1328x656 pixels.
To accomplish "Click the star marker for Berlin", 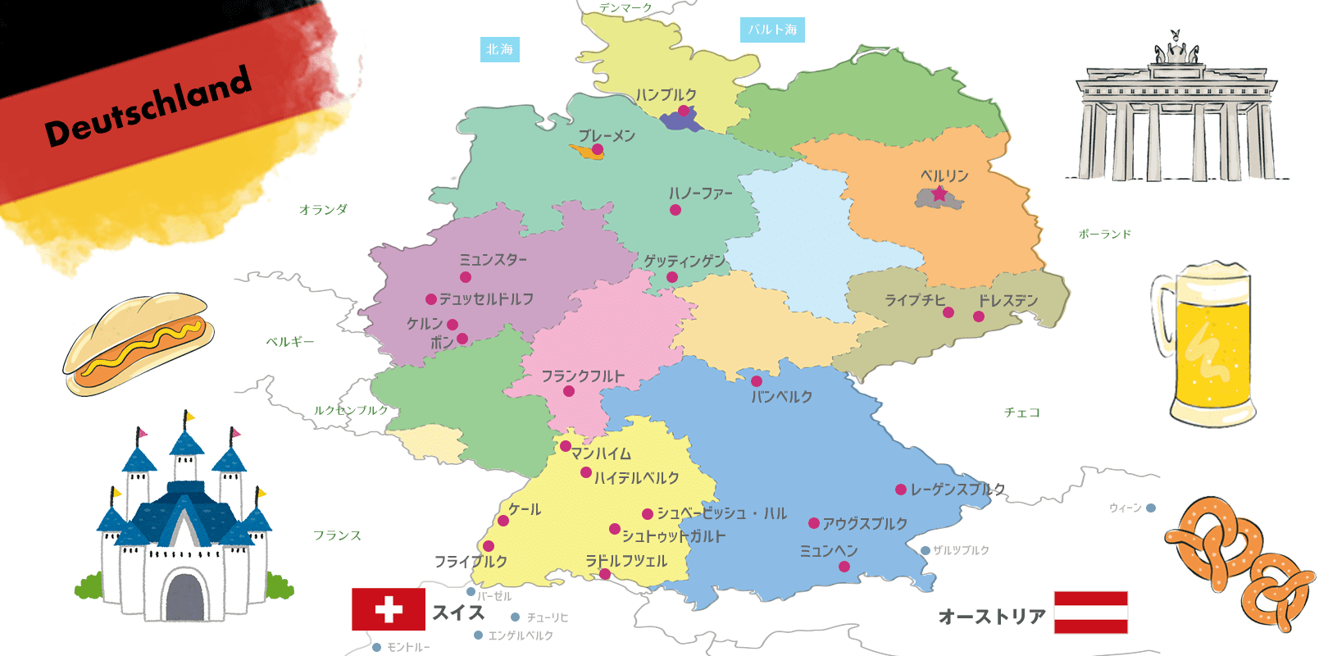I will pyautogui.click(x=939, y=194).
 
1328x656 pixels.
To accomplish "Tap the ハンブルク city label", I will pyautogui.click(x=666, y=95).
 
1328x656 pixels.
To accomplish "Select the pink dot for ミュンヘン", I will pyautogui.click(x=844, y=567).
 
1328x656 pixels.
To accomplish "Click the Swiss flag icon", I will pyautogui.click(x=389, y=609).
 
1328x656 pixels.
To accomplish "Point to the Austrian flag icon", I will pyautogui.click(x=1090, y=612).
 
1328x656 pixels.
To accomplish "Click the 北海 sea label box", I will pyautogui.click(x=499, y=49).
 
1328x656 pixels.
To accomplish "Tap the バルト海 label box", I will pyautogui.click(x=772, y=30).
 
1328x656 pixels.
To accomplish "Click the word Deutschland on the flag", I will pyautogui.click(x=148, y=107).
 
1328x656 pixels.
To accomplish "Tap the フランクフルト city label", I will pyautogui.click(x=583, y=376).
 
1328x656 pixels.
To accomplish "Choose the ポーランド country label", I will pyautogui.click(x=1104, y=235).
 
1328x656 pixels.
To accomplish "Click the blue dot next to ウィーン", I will pyautogui.click(x=1151, y=508).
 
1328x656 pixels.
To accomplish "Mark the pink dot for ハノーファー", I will pyautogui.click(x=675, y=210).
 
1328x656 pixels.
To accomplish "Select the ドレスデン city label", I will pyautogui.click(x=1007, y=300).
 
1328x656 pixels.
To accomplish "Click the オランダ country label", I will pyautogui.click(x=323, y=210).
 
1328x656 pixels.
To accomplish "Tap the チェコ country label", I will pyautogui.click(x=1021, y=412).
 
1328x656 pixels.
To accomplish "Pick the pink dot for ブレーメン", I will pyautogui.click(x=598, y=149).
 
